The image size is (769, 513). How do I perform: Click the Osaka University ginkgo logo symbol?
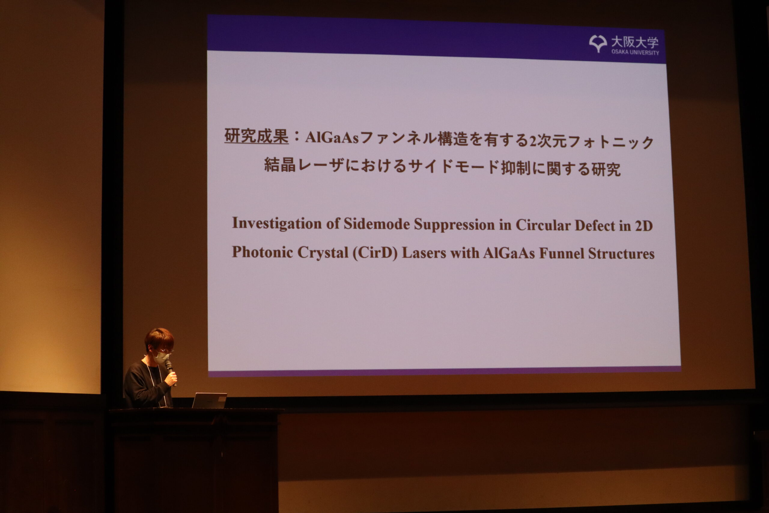click(x=598, y=44)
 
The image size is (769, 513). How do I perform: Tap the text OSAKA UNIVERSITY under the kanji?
click(x=635, y=52)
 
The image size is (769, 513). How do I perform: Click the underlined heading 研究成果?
click(x=256, y=136)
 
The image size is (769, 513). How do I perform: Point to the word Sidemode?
click(x=376, y=224)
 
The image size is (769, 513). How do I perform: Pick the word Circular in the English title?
click(x=543, y=225)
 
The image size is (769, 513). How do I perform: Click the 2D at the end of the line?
click(x=644, y=226)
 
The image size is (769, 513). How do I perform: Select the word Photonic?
click(x=262, y=252)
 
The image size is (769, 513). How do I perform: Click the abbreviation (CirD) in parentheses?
click(x=375, y=253)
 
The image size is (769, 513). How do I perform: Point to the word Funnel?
click(x=561, y=254)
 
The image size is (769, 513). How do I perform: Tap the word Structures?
click(x=621, y=254)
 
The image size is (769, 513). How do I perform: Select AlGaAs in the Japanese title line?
click(x=332, y=138)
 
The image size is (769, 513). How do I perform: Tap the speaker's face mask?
click(x=161, y=357)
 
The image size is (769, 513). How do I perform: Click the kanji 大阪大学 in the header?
click(x=635, y=42)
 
